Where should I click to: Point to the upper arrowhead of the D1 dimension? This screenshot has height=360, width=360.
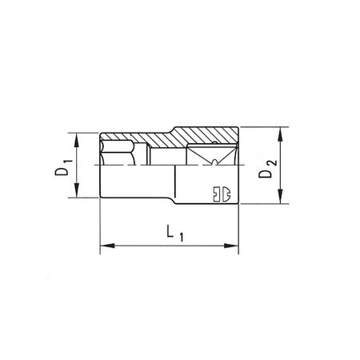coord(77,137)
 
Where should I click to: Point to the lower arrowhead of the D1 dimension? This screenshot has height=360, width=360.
coord(77,193)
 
